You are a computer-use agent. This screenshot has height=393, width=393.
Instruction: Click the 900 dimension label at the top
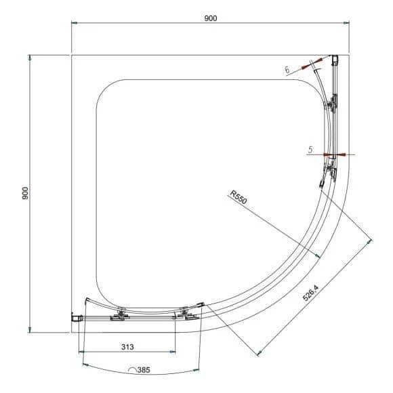pos(211,18)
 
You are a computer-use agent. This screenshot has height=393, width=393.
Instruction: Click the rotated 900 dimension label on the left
pos(25,193)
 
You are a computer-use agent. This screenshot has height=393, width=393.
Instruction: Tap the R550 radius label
pos(239,197)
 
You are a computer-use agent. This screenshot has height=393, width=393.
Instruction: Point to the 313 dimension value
pos(127,347)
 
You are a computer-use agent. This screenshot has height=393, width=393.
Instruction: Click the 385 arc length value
pos(144,370)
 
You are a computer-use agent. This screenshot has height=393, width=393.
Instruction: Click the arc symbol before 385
pos(132,370)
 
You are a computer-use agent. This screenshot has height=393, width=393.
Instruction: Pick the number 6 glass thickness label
pos(287,70)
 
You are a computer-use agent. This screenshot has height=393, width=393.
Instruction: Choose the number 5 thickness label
pos(310,150)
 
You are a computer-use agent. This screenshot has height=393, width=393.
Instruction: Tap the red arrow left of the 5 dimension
pos(327,154)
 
